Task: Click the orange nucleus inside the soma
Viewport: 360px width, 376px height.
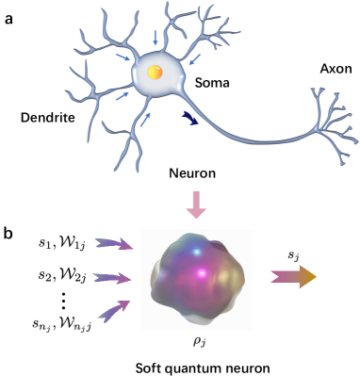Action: [x=156, y=73]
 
